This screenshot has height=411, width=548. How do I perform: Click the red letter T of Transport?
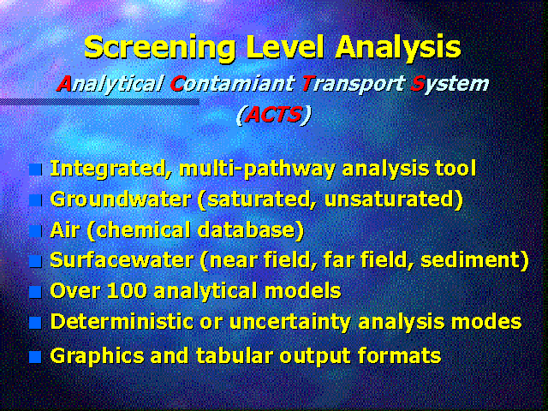pyautogui.click(x=307, y=83)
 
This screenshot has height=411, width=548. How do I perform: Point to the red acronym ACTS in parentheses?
pyautogui.click(x=273, y=115)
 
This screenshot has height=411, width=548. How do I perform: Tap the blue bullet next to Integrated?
pyautogui.click(x=35, y=170)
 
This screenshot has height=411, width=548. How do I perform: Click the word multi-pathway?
pyautogui.click(x=257, y=170)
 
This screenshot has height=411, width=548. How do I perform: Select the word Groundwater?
pyautogui.click(x=121, y=200)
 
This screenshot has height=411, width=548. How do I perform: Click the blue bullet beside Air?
pyautogui.click(x=35, y=231)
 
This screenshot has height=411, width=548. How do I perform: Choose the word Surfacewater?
pyautogui.click(x=122, y=260)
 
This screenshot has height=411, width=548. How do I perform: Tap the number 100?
pyautogui.click(x=127, y=291)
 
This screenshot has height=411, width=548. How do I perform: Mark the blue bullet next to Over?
pyautogui.click(x=35, y=292)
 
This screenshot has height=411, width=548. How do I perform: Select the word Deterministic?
pyautogui.click(x=122, y=322)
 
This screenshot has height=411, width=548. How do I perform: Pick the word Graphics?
pyautogui.click(x=97, y=356)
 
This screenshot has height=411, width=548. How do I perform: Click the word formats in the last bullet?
pyautogui.click(x=400, y=356)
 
